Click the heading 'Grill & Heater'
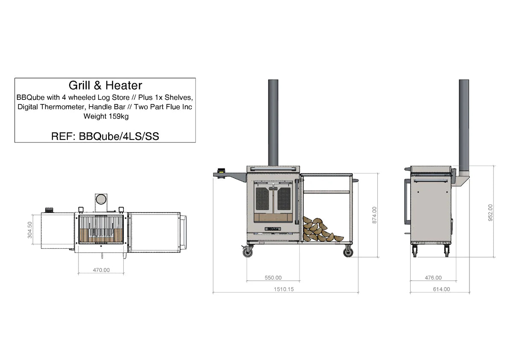[x=105, y=86]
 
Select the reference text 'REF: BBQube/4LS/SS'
[x=105, y=136]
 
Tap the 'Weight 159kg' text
[x=106, y=116]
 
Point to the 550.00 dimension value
[x=273, y=278]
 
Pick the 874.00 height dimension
[x=374, y=215]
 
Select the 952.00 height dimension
[x=490, y=212]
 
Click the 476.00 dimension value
[x=433, y=278]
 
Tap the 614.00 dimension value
[x=441, y=289]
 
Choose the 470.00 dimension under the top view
[x=101, y=270]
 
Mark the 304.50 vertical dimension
[x=30, y=230]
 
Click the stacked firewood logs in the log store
[x=319, y=229]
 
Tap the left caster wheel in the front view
[x=248, y=252]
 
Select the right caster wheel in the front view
[x=348, y=252]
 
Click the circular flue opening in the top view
[x=101, y=199]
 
